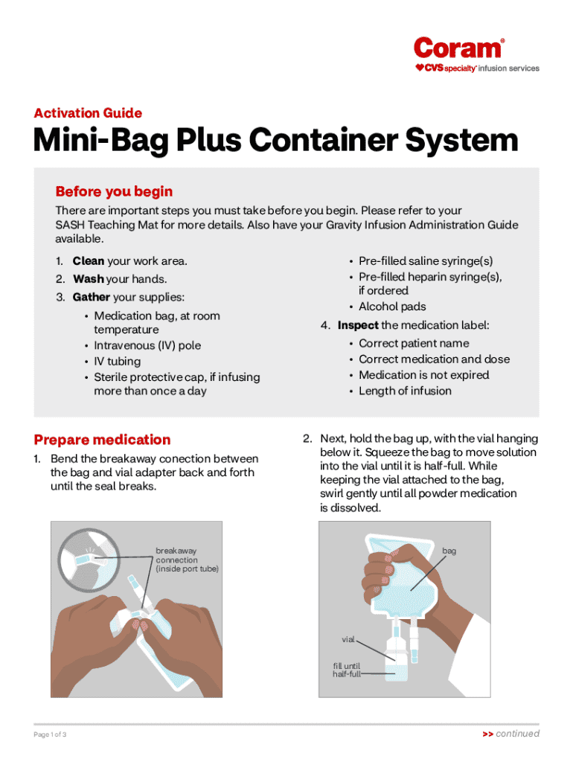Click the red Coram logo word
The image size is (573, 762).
click(x=457, y=48)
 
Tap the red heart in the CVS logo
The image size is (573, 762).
click(x=420, y=68)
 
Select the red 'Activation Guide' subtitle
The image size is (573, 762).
click(x=88, y=113)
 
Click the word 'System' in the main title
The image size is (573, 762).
click(x=461, y=140)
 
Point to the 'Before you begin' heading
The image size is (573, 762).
click(x=114, y=191)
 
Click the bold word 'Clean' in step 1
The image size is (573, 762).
click(x=89, y=261)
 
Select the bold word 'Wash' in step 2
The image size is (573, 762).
click(x=89, y=279)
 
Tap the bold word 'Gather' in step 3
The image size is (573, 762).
click(x=92, y=297)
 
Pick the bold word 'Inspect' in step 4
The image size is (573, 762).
click(x=358, y=325)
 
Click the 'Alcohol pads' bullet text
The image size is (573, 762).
click(x=392, y=307)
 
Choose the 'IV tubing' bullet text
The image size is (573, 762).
click(x=117, y=362)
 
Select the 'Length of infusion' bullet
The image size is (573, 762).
click(x=405, y=391)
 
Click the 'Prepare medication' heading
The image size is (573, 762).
click(x=102, y=440)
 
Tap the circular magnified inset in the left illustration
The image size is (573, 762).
click(x=89, y=560)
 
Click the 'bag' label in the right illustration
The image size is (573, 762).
click(x=449, y=551)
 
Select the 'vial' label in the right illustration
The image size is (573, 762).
click(x=348, y=639)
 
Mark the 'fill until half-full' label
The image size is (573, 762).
click(x=347, y=670)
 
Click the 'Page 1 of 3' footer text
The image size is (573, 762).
click(x=50, y=734)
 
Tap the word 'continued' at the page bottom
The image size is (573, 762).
click(x=517, y=733)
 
